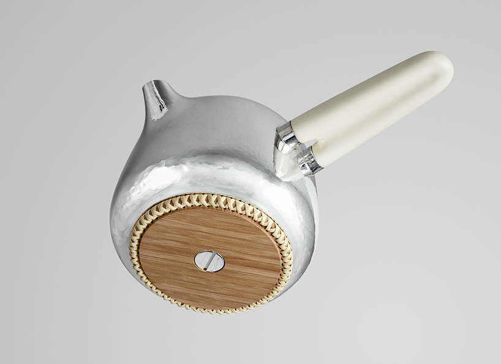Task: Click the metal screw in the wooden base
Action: (x=209, y=261)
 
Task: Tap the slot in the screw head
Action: (x=209, y=261)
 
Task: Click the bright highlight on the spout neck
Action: (x=159, y=102)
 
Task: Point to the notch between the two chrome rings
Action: (x=298, y=149)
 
